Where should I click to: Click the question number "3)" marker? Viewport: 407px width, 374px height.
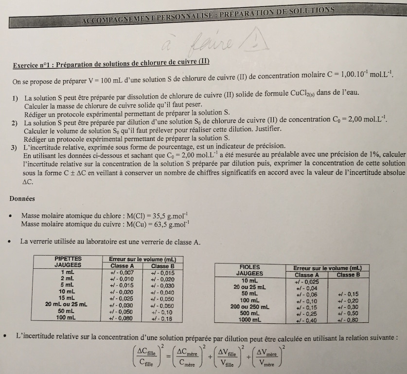coord(15,147)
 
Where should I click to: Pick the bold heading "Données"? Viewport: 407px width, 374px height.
coord(21,198)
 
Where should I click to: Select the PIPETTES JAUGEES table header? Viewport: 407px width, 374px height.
coord(68,262)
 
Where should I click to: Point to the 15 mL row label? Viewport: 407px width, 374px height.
coord(67,298)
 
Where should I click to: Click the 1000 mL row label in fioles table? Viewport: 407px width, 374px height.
coord(250,319)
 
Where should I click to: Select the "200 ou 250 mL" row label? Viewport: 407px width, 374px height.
coord(250,307)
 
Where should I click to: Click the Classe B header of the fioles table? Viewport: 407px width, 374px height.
coord(345,275)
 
